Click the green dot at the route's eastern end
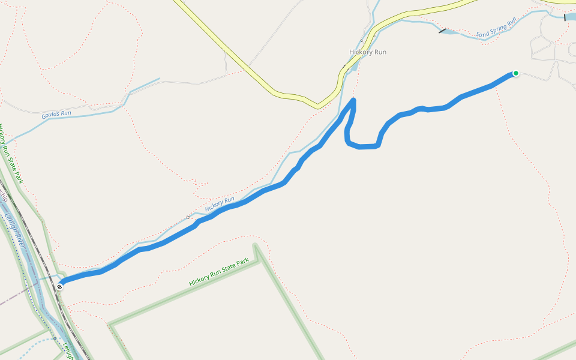pos(515,73)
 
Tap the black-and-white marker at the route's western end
pos(60,287)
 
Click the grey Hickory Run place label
pos(368,52)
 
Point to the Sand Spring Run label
pos(496,28)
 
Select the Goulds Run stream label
pos(56,113)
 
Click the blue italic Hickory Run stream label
pos(220,204)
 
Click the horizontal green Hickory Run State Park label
pos(218,272)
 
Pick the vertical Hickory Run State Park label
pos(11,153)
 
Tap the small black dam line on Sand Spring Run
pos(443,31)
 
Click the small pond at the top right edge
pos(570,17)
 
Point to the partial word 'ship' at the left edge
pos(4,194)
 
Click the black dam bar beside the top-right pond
pos(565,17)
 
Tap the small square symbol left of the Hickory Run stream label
pos(188,217)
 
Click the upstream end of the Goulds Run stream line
pos(159,79)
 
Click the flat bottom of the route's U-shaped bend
pos(365,146)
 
